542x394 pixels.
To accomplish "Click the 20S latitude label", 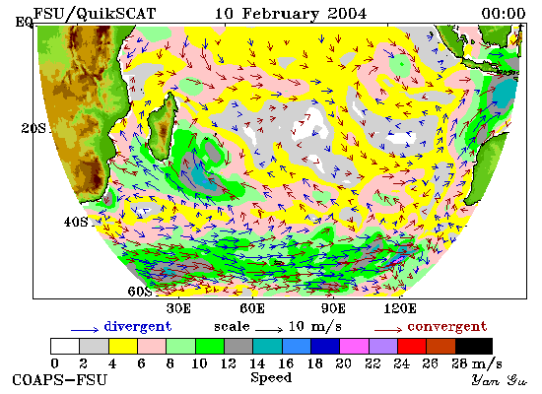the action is point(34,129).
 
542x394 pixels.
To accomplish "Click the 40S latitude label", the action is point(76,222).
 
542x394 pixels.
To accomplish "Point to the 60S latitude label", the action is point(140,292).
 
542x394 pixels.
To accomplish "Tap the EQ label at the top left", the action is point(24,22).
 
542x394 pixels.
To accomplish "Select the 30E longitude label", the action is point(178,308).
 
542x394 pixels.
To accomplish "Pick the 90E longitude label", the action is point(333,308).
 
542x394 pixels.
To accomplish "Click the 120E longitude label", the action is point(400,308).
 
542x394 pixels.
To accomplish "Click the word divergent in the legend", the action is point(138,327).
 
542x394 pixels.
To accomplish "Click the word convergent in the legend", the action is point(447,327).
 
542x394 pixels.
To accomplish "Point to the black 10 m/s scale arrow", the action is point(269,330).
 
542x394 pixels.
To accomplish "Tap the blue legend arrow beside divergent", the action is point(85,330).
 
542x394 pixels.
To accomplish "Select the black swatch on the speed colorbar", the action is point(474,346).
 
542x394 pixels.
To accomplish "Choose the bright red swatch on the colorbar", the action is point(412,346).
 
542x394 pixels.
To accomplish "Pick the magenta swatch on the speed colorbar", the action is point(355,346).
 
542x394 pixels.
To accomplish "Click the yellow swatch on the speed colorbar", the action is point(123,346).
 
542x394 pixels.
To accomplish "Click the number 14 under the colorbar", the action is point(257,363).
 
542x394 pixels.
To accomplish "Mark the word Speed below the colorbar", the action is point(271,377).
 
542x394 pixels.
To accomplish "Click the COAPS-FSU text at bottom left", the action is point(59,380).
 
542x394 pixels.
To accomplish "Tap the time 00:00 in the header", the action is point(504,14).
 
